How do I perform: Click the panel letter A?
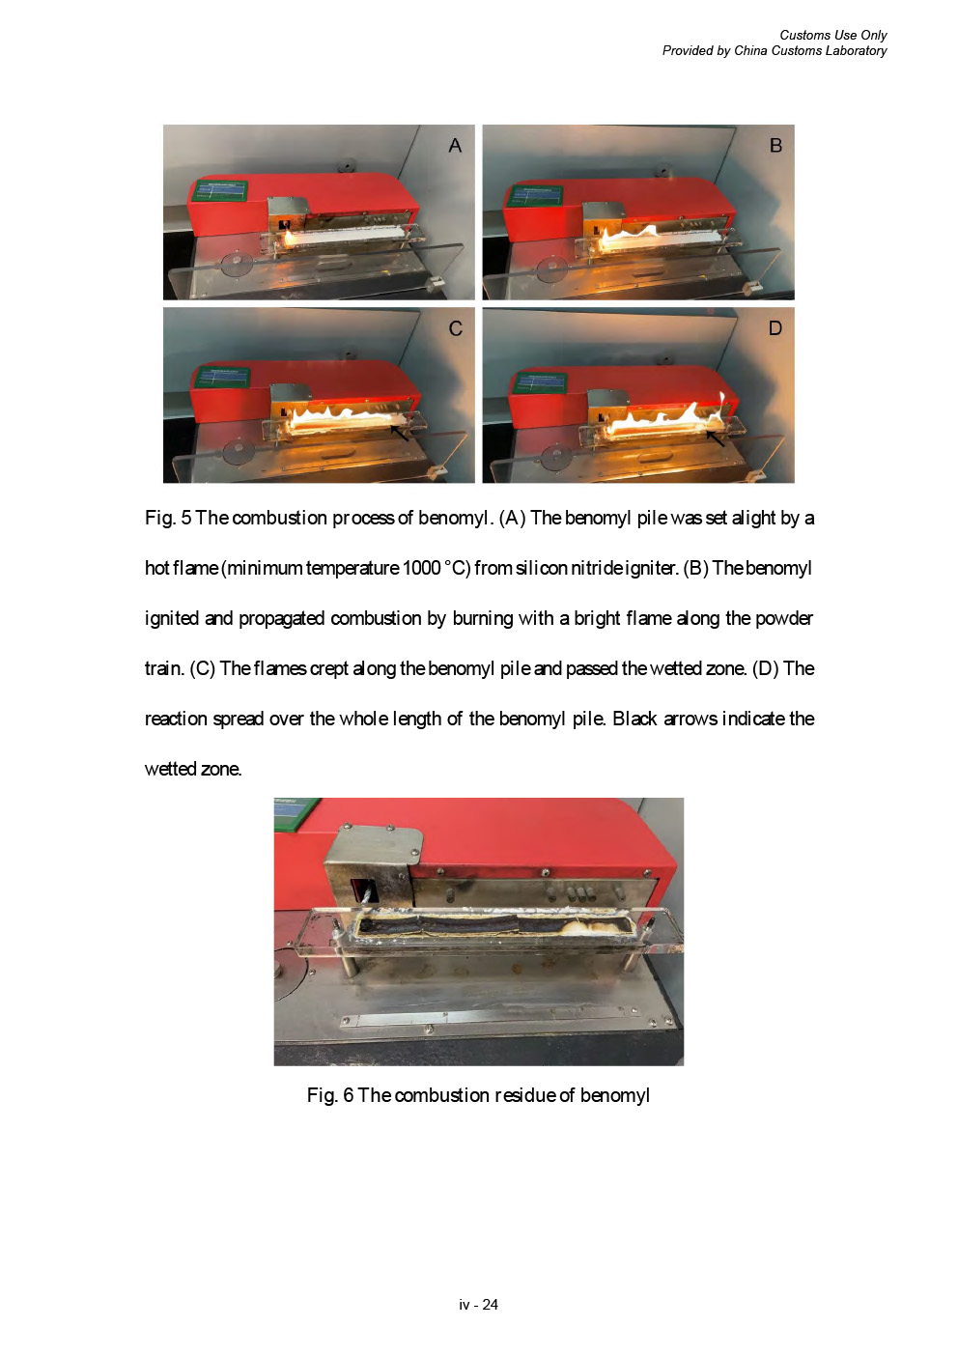455,146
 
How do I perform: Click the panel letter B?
775,146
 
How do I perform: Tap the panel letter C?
456,328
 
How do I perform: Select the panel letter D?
775,328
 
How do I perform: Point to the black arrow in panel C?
399,433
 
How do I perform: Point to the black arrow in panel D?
715,438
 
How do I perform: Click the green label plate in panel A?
219,191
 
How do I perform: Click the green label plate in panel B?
535,196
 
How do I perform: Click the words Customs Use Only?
832,35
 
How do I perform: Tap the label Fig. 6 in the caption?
330,1095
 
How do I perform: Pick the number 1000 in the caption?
422,568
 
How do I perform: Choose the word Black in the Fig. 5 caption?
634,719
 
